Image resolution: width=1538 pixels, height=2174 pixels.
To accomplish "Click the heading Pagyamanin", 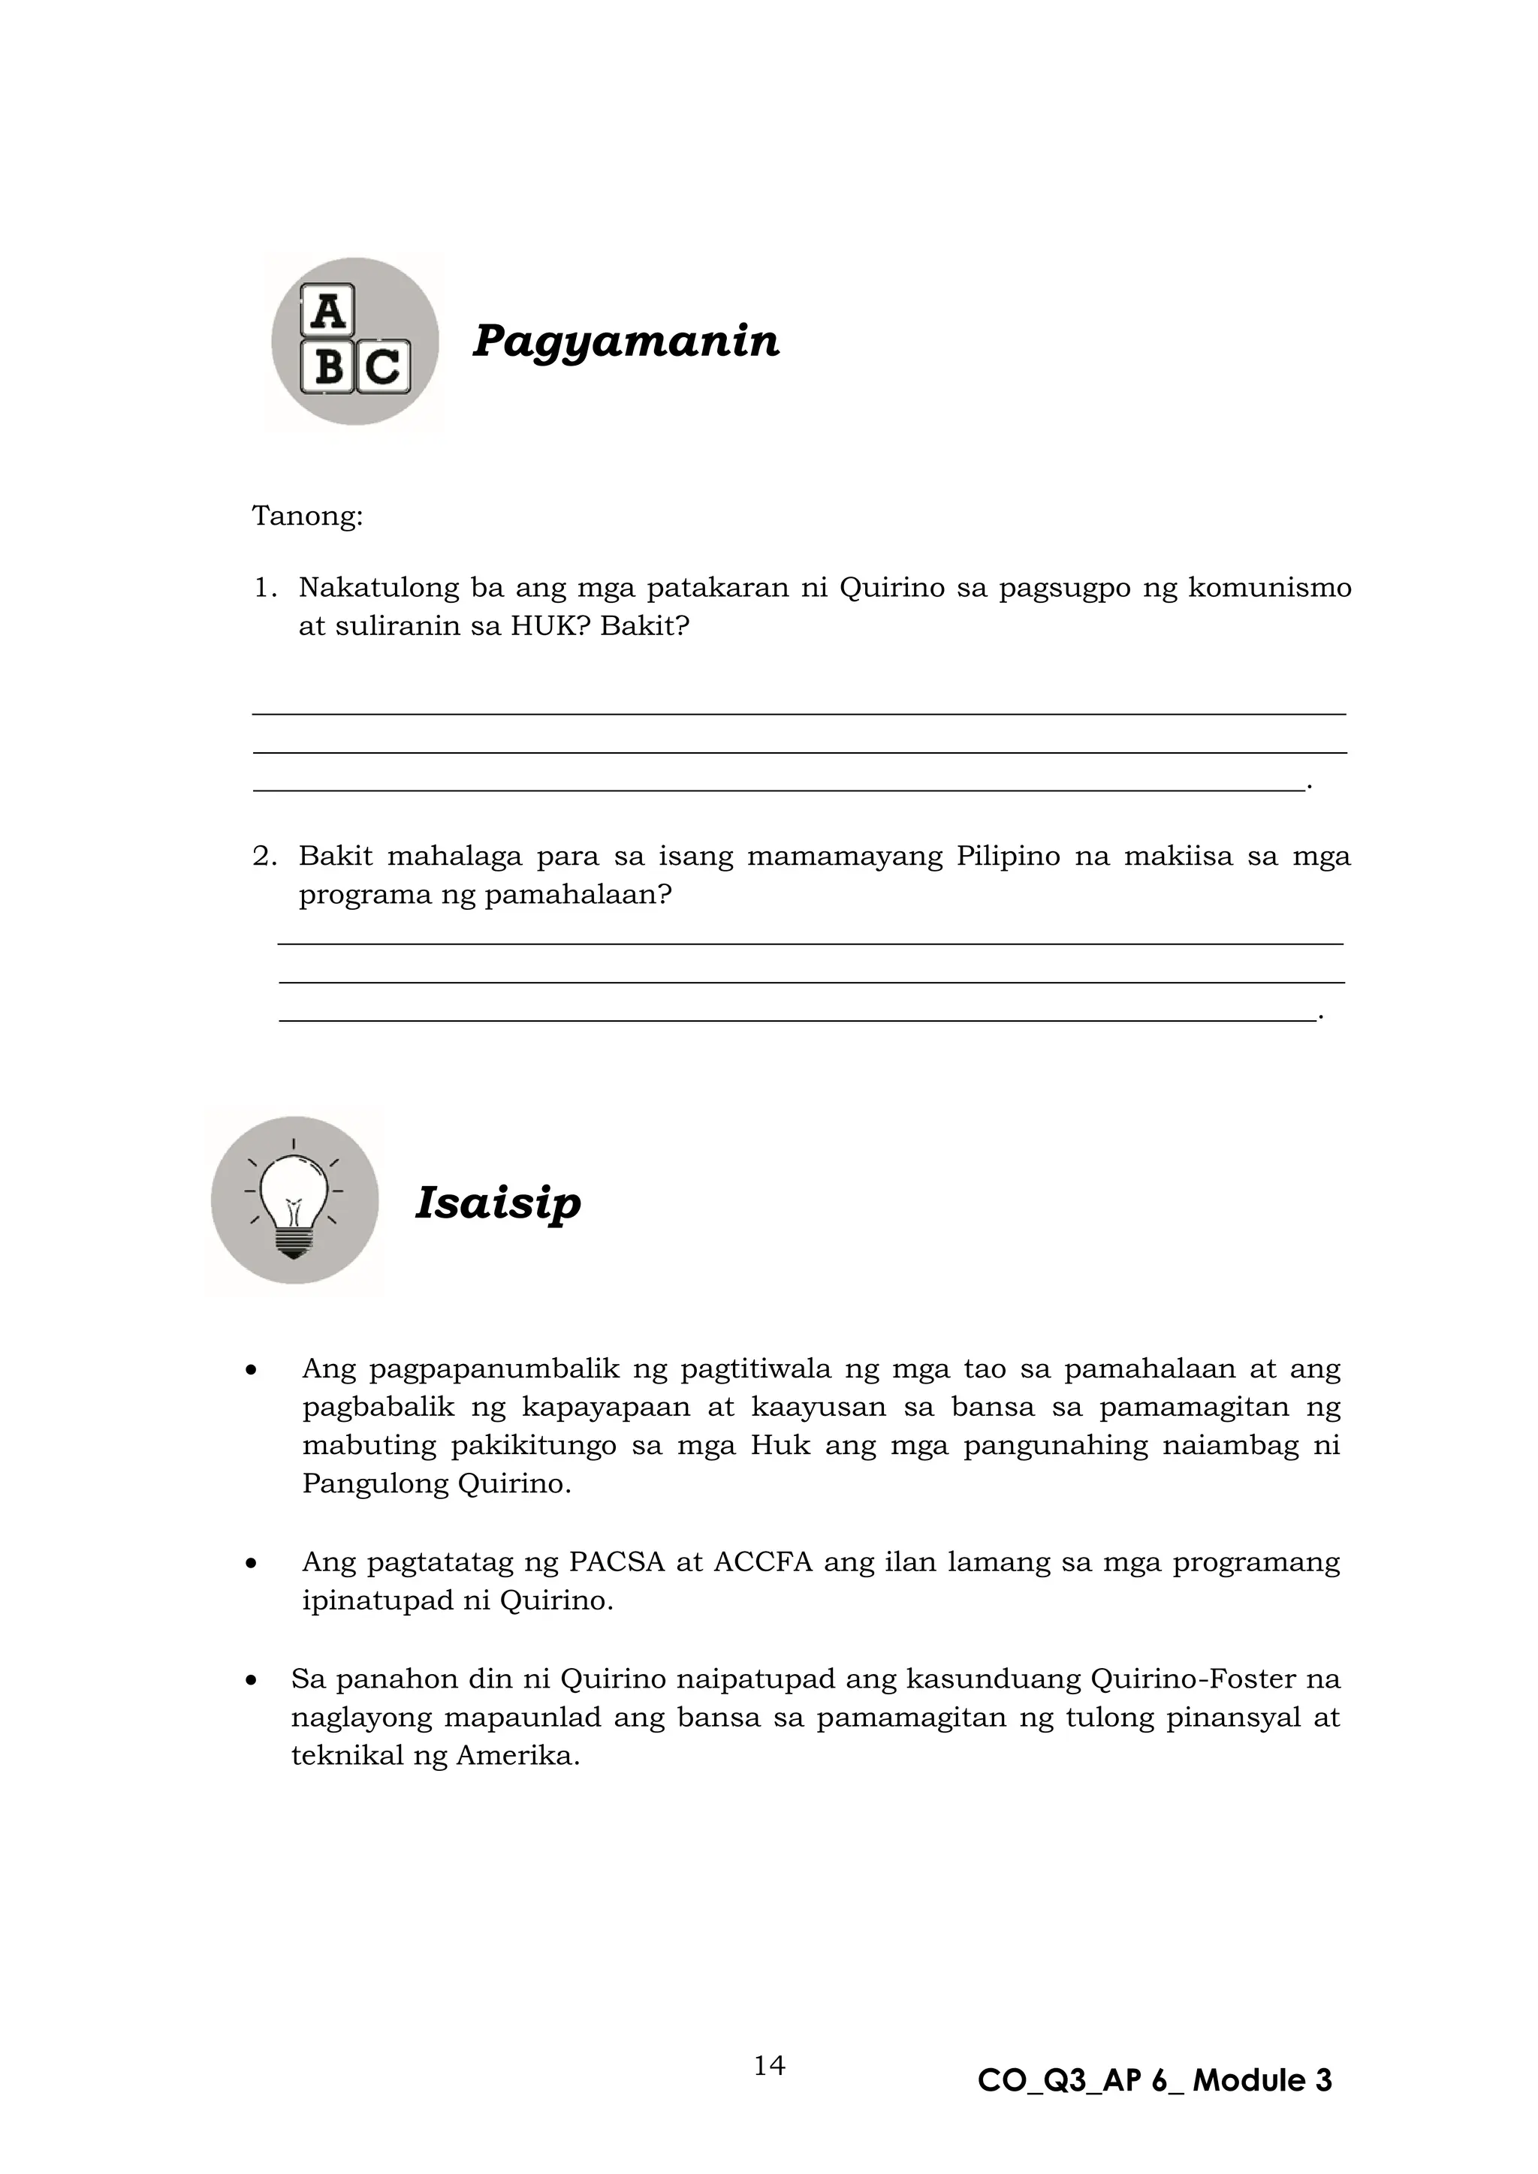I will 625,341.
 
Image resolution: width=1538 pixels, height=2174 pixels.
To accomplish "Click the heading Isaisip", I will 497,1203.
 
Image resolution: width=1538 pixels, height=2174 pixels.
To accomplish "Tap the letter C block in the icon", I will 381,366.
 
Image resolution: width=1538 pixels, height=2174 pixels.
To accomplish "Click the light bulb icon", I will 294,1200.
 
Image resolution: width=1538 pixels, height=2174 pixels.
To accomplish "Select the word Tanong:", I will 307,517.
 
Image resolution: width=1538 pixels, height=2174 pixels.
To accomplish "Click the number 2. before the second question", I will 264,857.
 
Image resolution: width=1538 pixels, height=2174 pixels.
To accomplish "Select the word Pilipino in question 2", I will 1008,857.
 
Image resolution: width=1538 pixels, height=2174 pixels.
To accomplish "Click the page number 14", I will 769,2065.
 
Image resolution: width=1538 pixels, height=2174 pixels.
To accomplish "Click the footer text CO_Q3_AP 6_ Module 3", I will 1154,2080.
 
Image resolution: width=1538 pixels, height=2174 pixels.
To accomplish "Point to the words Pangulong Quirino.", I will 436,1483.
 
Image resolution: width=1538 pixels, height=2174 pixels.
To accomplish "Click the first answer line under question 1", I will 798,714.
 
